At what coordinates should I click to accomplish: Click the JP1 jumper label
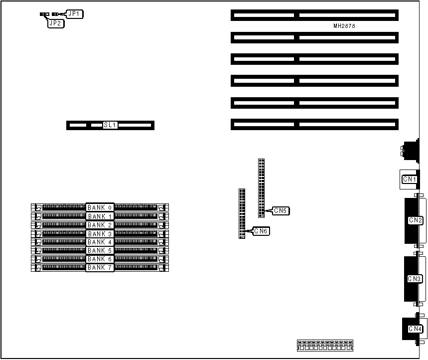(74, 14)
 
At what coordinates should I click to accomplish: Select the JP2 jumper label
(56, 23)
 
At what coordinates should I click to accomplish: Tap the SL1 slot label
(110, 125)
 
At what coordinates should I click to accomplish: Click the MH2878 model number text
(344, 26)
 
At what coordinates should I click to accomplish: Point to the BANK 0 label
(100, 207)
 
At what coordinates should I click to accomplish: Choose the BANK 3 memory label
(100, 234)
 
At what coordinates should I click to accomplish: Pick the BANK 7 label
(100, 268)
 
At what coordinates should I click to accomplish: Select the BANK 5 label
(100, 251)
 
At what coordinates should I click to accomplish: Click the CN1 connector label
(410, 179)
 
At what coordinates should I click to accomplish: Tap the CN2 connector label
(415, 220)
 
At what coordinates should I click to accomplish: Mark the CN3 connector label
(415, 279)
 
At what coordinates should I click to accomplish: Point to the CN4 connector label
(415, 329)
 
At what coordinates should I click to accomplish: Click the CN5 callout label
(281, 211)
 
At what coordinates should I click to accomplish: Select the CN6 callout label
(261, 231)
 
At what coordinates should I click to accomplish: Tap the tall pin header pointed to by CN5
(261, 187)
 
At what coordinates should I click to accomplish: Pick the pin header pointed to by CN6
(242, 213)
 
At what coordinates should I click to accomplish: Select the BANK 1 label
(100, 216)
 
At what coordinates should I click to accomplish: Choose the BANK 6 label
(100, 259)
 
